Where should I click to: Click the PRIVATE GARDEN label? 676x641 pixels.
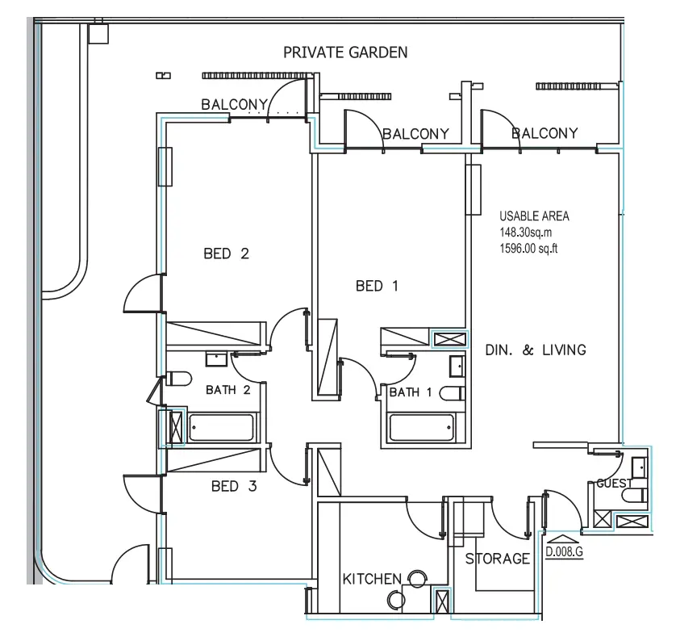click(345, 53)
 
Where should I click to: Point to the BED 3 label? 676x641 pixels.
click(235, 486)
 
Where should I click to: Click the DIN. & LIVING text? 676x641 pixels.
click(535, 350)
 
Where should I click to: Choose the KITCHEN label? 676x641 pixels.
click(372, 579)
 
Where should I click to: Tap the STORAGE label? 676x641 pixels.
click(498, 559)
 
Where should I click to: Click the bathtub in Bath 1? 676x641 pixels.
click(420, 427)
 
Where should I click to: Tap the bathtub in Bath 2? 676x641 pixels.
click(222, 427)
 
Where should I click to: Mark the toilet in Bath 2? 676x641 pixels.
click(178, 379)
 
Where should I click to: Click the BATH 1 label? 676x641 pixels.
click(410, 393)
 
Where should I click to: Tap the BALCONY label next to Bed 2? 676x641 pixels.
click(234, 104)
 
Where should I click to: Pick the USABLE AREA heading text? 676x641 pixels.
click(534, 216)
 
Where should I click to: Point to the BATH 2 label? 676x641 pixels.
click(227, 391)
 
